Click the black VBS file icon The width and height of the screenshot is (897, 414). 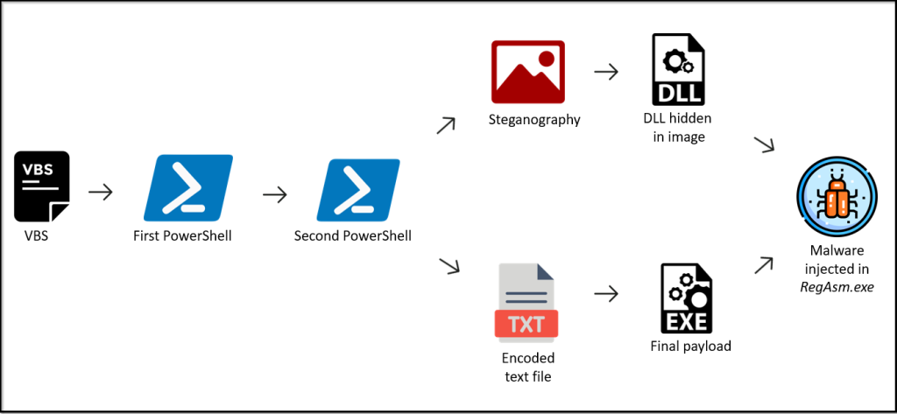41,186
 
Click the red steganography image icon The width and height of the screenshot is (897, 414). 527,72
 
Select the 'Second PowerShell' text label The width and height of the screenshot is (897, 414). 352,235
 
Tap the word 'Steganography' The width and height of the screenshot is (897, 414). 534,119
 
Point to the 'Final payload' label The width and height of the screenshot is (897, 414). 690,346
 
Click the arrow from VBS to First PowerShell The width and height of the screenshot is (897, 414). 102,192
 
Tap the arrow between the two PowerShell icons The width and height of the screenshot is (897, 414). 275,193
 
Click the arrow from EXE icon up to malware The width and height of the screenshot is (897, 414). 764,263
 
